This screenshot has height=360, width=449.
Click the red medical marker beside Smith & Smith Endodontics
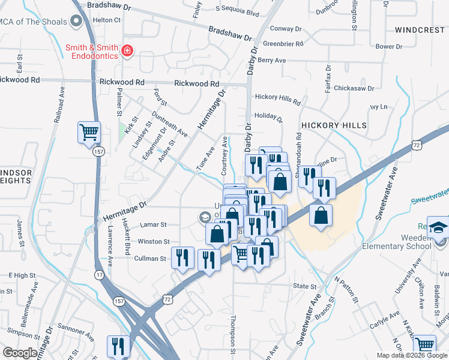[127, 51]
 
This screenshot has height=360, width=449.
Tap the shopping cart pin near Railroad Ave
[89, 131]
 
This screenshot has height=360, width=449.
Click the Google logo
[20, 353]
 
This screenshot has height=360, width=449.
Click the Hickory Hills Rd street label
[277, 97]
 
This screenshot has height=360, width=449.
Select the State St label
[304, 286]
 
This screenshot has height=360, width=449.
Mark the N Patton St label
[346, 290]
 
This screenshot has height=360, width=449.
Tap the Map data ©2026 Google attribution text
[412, 355]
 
